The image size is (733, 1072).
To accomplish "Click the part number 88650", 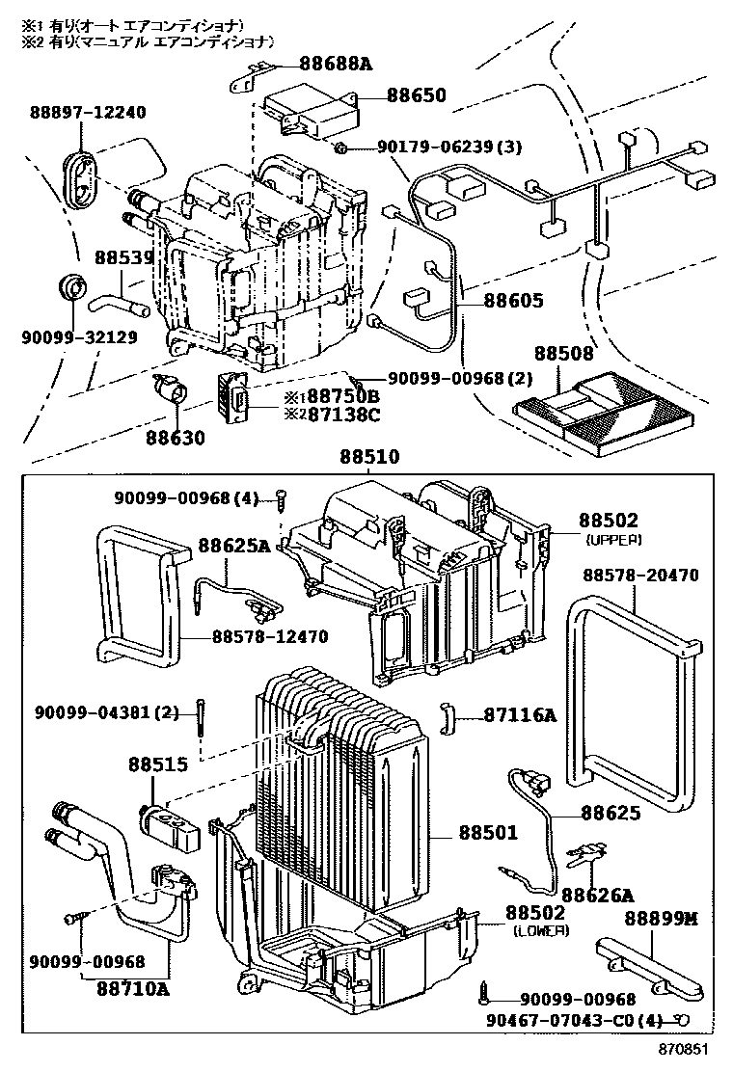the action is tap(416, 94).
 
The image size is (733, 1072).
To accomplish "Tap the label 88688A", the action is tap(336, 65).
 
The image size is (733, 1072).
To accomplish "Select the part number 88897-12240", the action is tap(88, 112).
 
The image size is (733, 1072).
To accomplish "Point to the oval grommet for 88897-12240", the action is tap(81, 177).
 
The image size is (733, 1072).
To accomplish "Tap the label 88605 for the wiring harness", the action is tap(513, 300).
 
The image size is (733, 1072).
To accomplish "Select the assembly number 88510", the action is tap(369, 457).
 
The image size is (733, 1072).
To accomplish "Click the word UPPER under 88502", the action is tap(614, 540).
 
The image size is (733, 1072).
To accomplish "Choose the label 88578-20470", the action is tap(640, 575).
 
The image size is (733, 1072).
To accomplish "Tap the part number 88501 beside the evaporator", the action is tap(488, 833).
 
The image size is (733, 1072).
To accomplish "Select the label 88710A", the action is tap(133, 989).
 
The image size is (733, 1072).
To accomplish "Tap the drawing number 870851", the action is tap(683, 1049).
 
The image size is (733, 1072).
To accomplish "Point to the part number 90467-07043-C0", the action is tap(565, 1020).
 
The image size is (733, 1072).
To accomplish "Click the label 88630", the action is tap(175, 438).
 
